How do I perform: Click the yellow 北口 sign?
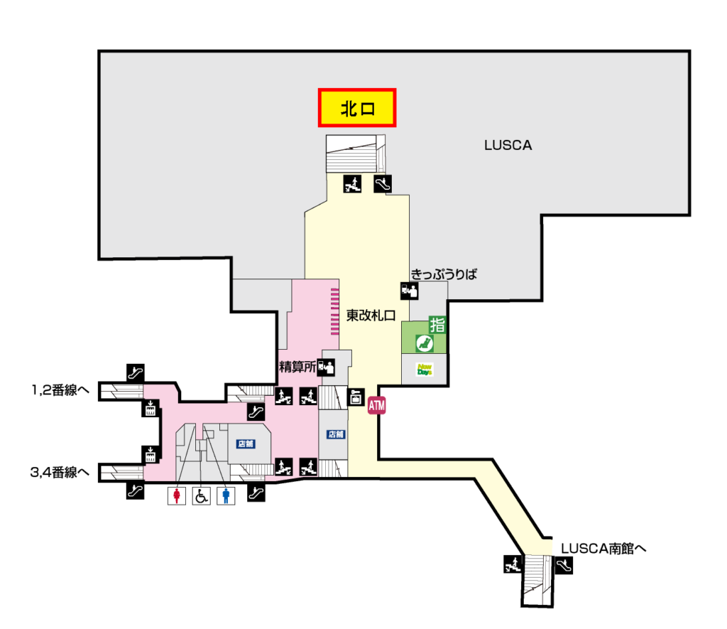click(357, 108)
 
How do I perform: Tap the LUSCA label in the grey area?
click(508, 145)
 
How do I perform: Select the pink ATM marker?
click(376, 406)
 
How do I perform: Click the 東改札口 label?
click(371, 316)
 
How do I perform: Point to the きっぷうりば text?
click(444, 274)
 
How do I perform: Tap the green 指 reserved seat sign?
click(437, 325)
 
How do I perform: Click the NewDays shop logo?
click(425, 370)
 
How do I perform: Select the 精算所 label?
click(297, 367)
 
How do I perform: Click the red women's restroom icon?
click(177, 496)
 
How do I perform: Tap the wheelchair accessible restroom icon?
click(201, 496)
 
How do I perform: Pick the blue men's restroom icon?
click(226, 496)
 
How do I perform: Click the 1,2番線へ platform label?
click(60, 390)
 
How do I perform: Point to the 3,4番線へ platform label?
click(60, 473)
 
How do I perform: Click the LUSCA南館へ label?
click(603, 548)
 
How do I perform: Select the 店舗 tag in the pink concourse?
click(246, 443)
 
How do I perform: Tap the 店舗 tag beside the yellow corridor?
click(336, 434)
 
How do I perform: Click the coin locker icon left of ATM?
click(356, 397)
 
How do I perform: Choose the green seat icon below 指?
click(425, 343)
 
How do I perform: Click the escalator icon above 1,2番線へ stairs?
click(136, 372)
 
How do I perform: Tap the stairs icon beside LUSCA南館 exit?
click(513, 564)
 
